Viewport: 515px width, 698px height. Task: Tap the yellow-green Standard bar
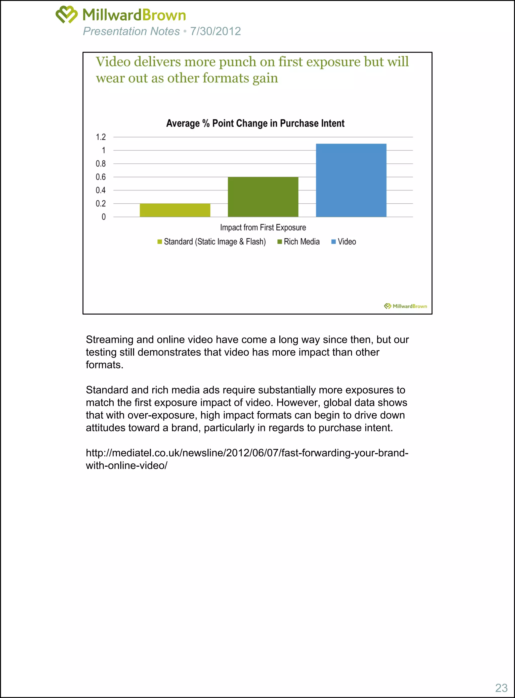175,210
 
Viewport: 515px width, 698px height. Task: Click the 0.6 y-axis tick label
101,177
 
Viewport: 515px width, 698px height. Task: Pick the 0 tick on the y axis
104,217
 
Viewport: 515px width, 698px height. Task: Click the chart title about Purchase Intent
255,123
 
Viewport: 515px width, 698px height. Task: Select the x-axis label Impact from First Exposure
263,228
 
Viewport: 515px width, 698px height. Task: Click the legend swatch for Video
333,242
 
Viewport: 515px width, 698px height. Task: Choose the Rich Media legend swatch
280,242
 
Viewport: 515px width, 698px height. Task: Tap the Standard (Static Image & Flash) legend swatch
160,242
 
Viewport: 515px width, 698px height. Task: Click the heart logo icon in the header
66,14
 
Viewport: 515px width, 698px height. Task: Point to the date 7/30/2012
216,31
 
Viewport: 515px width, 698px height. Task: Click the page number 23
501,688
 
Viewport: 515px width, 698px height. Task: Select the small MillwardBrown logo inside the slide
405,306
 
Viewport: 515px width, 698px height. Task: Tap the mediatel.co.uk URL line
247,453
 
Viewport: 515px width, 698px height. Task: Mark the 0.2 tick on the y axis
101,204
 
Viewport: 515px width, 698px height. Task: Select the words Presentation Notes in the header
131,31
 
